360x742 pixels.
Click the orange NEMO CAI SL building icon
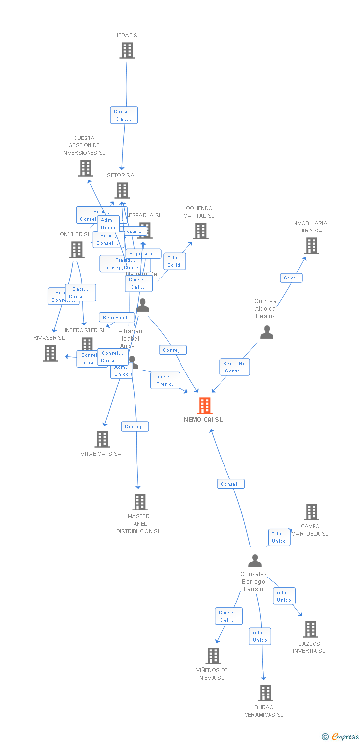205,406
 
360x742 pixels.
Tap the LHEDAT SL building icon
127,50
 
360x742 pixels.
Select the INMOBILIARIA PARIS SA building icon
311,246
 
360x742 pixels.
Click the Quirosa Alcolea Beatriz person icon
267,332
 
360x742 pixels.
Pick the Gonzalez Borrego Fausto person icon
255,561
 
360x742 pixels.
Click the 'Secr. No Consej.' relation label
234,367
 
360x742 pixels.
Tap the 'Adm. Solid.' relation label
175,261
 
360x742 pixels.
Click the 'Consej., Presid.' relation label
165,380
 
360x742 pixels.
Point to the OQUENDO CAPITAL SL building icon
200,231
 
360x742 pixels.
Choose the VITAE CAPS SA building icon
102,439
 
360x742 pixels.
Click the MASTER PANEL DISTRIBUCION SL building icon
139,502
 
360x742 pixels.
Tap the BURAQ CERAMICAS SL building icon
265,693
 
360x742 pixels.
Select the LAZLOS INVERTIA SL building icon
310,629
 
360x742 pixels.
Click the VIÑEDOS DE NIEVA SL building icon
213,656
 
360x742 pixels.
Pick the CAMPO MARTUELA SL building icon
311,512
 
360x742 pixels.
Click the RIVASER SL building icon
50,353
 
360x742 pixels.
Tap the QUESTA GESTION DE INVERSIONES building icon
85,168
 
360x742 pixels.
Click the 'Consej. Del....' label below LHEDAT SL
124,115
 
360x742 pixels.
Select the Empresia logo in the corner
341,737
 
